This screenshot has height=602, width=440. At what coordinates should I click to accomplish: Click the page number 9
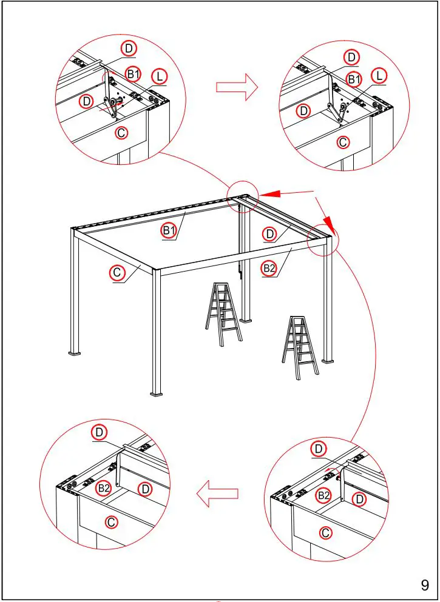coord(425,585)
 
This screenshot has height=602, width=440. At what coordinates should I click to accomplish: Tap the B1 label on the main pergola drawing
coord(169,230)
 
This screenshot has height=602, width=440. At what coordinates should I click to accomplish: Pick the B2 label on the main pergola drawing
coord(269,267)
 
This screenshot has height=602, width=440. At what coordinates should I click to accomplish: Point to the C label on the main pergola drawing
coord(118,273)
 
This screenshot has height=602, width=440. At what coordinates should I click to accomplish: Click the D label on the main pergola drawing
coord(271,233)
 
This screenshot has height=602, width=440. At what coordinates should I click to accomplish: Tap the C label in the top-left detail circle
coord(121,132)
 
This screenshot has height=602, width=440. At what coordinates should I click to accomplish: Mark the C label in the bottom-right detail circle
coord(326,533)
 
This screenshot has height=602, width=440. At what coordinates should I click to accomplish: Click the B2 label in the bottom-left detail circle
coord(104,487)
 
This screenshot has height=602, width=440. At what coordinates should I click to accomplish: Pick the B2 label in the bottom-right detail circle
coord(324,496)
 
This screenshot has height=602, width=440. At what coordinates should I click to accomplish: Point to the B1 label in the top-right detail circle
coord(354,79)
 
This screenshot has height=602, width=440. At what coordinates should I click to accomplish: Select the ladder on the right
coord(300,347)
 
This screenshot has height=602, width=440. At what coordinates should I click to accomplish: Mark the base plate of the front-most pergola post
coord(157,393)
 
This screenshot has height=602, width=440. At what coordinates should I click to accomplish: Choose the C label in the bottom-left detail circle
coord(111,521)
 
